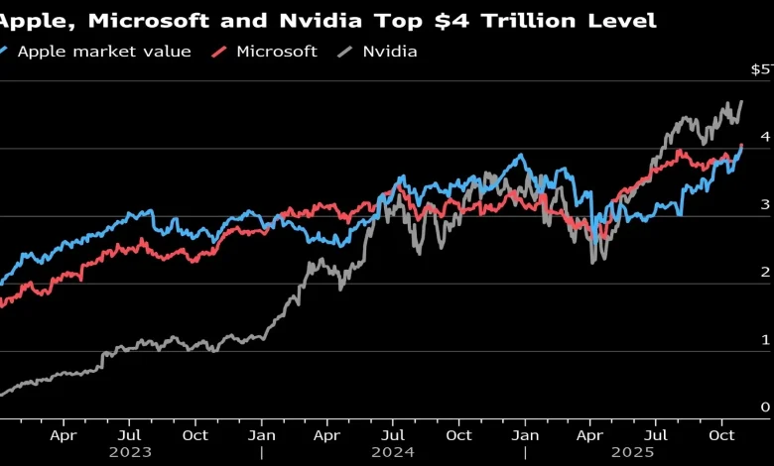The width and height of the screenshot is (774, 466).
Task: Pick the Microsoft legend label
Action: pos(278,51)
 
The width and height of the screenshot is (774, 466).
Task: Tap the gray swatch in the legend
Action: pos(349,51)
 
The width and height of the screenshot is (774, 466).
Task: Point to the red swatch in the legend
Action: pos(221,51)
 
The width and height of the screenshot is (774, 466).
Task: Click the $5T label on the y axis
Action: pos(761,69)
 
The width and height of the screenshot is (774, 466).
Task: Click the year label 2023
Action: pos(130,452)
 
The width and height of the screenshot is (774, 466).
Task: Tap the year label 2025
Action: pos(658,452)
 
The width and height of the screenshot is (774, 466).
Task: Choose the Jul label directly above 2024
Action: pos(393,434)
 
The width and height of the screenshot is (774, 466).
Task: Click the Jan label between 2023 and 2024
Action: pos(262,434)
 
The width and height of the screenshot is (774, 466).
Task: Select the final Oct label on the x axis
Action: pos(721,434)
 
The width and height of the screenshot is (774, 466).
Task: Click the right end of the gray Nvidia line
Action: pos(741,101)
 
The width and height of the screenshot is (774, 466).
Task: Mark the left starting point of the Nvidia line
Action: pos(2,396)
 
